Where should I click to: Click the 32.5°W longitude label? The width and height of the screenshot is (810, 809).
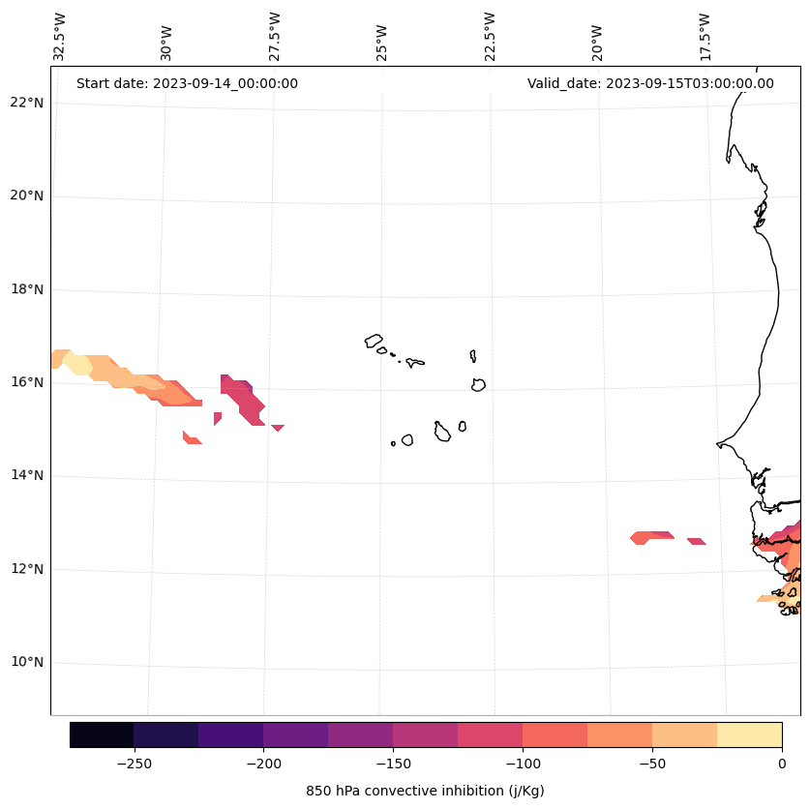pyautogui.click(x=60, y=37)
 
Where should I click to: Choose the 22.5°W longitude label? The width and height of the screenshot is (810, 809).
pyautogui.click(x=490, y=37)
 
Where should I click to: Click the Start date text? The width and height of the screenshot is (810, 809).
pyautogui.click(x=187, y=83)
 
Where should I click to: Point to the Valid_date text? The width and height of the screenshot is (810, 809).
pyautogui.click(x=650, y=83)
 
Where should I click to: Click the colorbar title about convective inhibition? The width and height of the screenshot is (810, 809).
pyautogui.click(x=425, y=791)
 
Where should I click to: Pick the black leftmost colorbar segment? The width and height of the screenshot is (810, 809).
pyautogui.click(x=102, y=734)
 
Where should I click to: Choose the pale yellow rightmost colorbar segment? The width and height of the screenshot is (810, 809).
pyautogui.click(x=749, y=734)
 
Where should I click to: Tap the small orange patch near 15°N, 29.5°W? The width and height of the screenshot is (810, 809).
pyautogui.click(x=192, y=438)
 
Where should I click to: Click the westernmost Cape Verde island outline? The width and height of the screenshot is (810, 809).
pyautogui.click(x=374, y=341)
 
